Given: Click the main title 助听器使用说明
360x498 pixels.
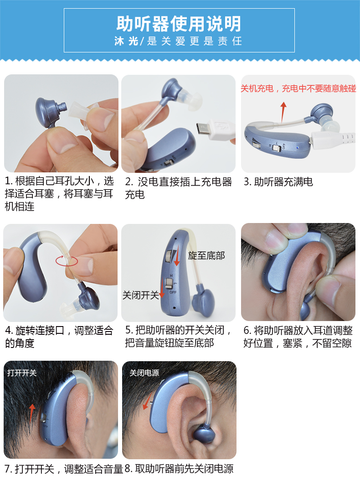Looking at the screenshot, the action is (179, 24).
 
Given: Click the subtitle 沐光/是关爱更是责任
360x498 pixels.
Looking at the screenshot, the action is (179, 41).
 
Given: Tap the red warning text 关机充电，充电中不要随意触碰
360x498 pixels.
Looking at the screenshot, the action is (298, 88).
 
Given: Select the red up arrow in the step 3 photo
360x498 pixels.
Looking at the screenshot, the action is (283, 112).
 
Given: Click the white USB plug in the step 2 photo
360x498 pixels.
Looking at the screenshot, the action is (216, 129).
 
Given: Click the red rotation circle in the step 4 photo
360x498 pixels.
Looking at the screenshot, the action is (67, 261).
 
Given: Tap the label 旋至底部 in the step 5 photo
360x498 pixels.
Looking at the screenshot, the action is (206, 255).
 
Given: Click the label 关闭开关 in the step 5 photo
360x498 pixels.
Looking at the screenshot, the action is (141, 295).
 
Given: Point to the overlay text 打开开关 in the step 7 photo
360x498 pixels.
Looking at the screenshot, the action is (22, 373).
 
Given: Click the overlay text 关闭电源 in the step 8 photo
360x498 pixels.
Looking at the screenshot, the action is (144, 373).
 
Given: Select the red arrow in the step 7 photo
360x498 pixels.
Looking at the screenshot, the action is (31, 413).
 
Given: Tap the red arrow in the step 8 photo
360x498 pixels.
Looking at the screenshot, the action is (147, 401).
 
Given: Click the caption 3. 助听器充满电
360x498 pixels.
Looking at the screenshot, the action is (278, 182).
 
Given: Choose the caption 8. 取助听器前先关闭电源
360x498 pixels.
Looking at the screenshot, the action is (179, 468).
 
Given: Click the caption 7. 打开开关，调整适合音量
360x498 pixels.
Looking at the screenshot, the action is (64, 469).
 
